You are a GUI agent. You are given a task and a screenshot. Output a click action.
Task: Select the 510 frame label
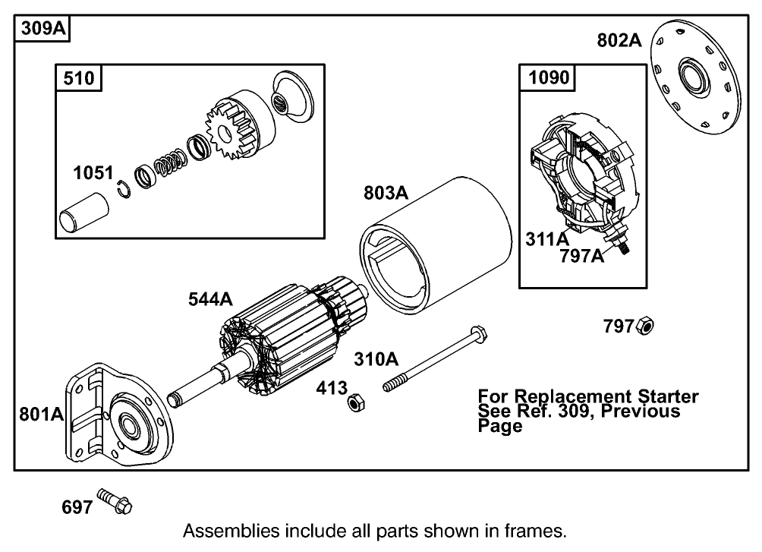(78, 77)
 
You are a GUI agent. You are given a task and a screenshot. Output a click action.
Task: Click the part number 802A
(619, 41)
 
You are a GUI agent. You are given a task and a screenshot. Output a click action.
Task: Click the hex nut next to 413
(353, 402)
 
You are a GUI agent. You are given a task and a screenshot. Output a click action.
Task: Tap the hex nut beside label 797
(646, 326)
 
